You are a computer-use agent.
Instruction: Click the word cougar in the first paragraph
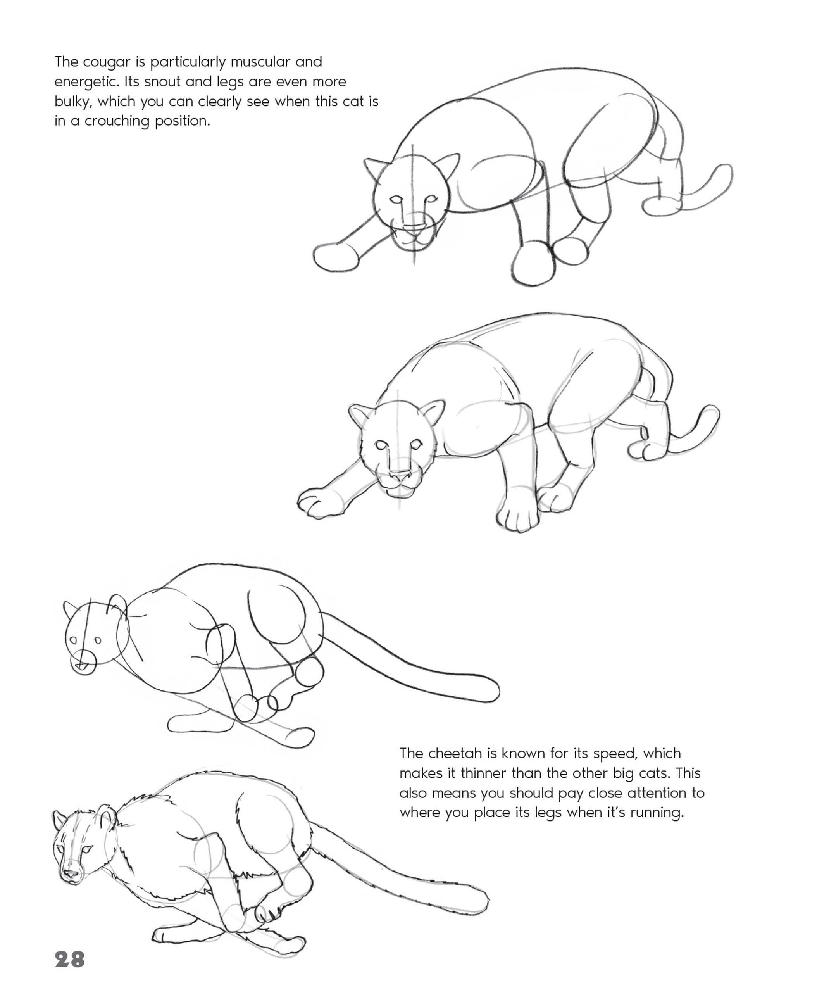coord(107,62)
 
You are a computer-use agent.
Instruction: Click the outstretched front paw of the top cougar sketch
coord(335,257)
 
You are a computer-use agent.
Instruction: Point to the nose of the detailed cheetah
coord(71,874)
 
